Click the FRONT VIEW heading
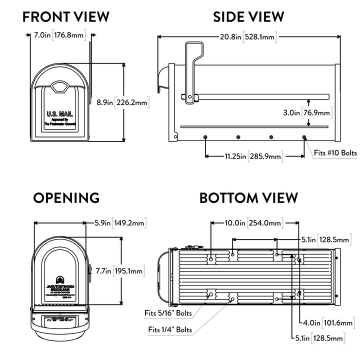pos(66,16)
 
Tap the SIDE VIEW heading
pos(248,16)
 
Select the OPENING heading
pos(66,197)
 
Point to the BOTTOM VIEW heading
pos(248,197)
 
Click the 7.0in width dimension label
pos(42,35)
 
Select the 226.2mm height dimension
pos(132,102)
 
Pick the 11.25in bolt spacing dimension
pos(235,156)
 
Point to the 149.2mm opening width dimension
pos(129,223)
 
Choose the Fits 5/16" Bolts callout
pos(168,313)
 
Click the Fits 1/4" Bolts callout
pos(170,329)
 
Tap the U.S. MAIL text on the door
pos(56,114)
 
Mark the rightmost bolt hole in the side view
pos(304,136)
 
